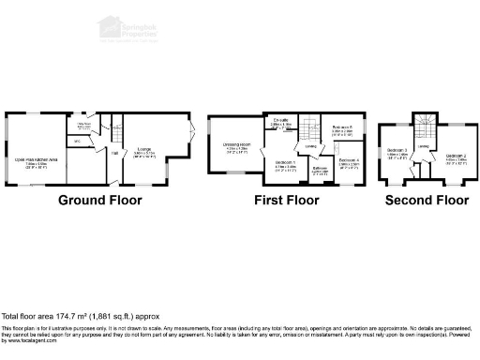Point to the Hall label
point(114,152)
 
